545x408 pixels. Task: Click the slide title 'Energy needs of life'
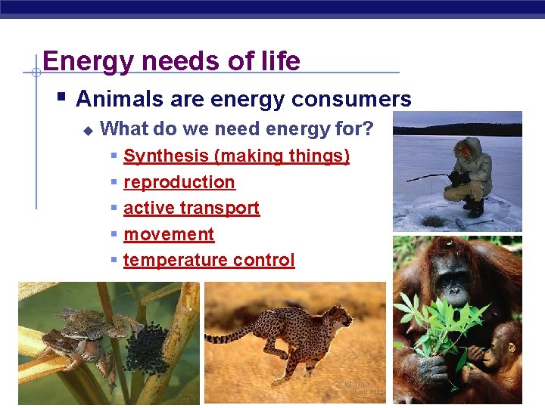click(x=172, y=60)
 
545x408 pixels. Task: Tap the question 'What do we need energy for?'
click(x=237, y=129)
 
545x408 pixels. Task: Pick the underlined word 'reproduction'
click(x=179, y=182)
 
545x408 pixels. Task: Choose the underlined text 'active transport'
click(x=192, y=208)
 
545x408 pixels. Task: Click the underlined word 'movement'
click(x=169, y=234)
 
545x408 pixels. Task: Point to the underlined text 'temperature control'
click(x=209, y=260)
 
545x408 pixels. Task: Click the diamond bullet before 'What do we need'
click(x=87, y=131)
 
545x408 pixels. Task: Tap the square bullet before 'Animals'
click(x=61, y=97)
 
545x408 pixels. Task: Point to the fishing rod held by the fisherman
click(x=428, y=178)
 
